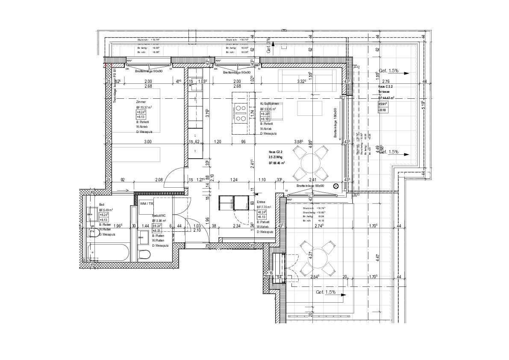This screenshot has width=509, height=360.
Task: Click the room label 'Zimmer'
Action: pyautogui.click(x=141, y=103)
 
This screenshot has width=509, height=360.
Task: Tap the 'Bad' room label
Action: pyautogui.click(x=102, y=205)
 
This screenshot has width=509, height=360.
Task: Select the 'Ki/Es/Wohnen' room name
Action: pyautogui.click(x=271, y=104)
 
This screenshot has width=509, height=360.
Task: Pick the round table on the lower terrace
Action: pyautogui.click(x=317, y=258)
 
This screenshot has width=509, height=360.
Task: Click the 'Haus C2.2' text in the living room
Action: pyautogui.click(x=276, y=152)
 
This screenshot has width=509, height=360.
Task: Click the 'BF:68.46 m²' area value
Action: pyautogui.click(x=277, y=163)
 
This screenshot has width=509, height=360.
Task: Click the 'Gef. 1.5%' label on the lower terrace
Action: pyautogui.click(x=326, y=292)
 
